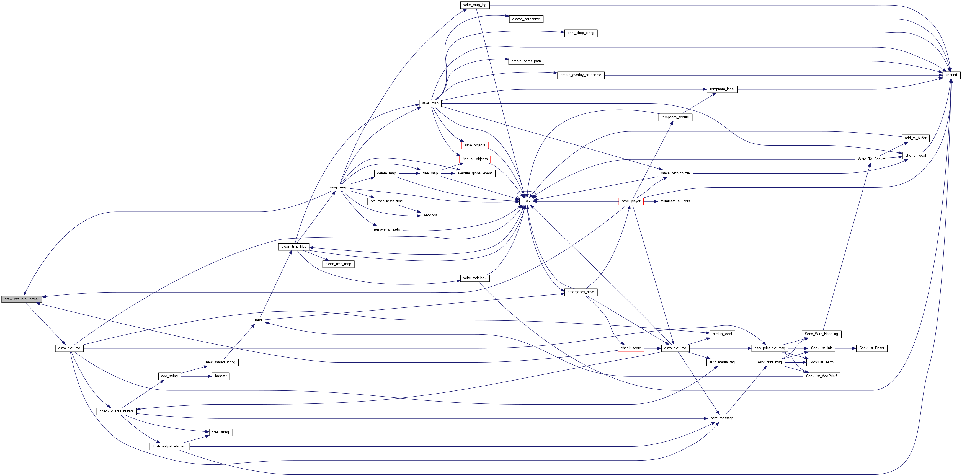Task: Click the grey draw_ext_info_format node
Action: click(21, 299)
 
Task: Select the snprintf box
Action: click(951, 75)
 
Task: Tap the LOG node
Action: click(526, 201)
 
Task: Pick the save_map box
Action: click(430, 103)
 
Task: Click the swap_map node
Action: click(338, 187)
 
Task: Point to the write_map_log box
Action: click(475, 5)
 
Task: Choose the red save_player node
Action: click(631, 201)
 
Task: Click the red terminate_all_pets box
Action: click(675, 201)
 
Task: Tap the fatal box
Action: click(259, 320)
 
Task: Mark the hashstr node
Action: click(221, 376)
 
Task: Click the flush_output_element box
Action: click(169, 446)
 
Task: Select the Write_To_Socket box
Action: click(871, 159)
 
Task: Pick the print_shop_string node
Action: click(581, 33)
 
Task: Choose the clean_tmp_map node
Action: click(338, 264)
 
